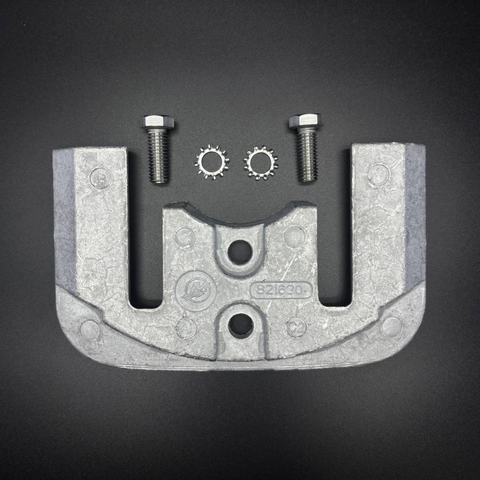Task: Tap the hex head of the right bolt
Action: pos(305,120)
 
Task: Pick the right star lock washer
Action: pos(260,163)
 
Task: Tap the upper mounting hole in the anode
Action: pos(239,252)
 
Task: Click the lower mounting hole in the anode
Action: pos(241,326)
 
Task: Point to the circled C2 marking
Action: pos(296,326)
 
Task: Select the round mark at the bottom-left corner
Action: pos(89,329)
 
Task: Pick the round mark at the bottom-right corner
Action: pos(391,326)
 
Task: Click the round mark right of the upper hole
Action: pos(294,236)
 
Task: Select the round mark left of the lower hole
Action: pos(186,327)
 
